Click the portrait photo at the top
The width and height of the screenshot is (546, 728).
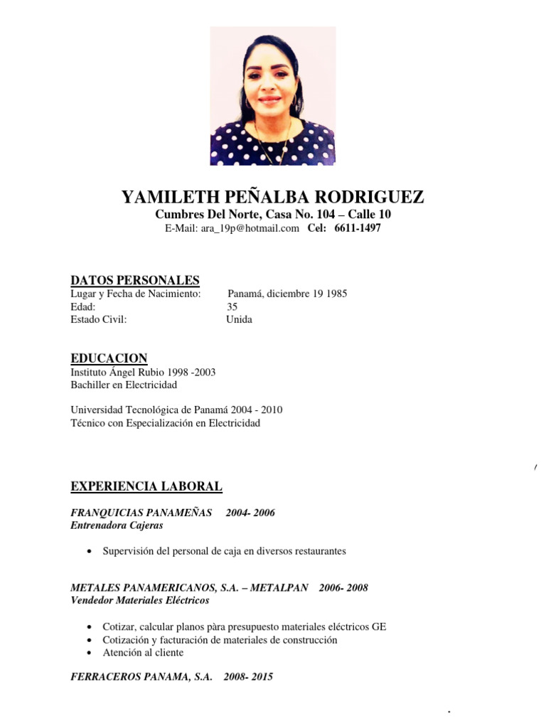[272, 96]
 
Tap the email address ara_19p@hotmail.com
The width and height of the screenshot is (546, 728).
[250, 228]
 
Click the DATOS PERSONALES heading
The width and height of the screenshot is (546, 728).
[134, 280]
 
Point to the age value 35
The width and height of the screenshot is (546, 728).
[232, 306]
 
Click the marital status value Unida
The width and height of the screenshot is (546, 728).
[239, 319]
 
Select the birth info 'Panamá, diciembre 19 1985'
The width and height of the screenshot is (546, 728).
[287, 294]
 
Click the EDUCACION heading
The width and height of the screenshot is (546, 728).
[109, 358]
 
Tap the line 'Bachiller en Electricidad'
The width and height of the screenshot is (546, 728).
[124, 385]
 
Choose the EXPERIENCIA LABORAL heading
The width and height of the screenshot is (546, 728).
[146, 487]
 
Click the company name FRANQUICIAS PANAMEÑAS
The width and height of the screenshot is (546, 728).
[141, 513]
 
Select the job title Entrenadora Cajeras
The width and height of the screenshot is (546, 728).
[117, 525]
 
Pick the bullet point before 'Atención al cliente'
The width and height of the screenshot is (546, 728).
[87, 653]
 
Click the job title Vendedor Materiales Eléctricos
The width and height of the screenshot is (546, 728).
[140, 600]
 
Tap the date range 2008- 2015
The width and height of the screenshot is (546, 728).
[247, 678]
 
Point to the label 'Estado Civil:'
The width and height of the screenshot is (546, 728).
[98, 319]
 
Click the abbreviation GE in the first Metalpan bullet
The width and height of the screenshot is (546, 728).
[379, 627]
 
